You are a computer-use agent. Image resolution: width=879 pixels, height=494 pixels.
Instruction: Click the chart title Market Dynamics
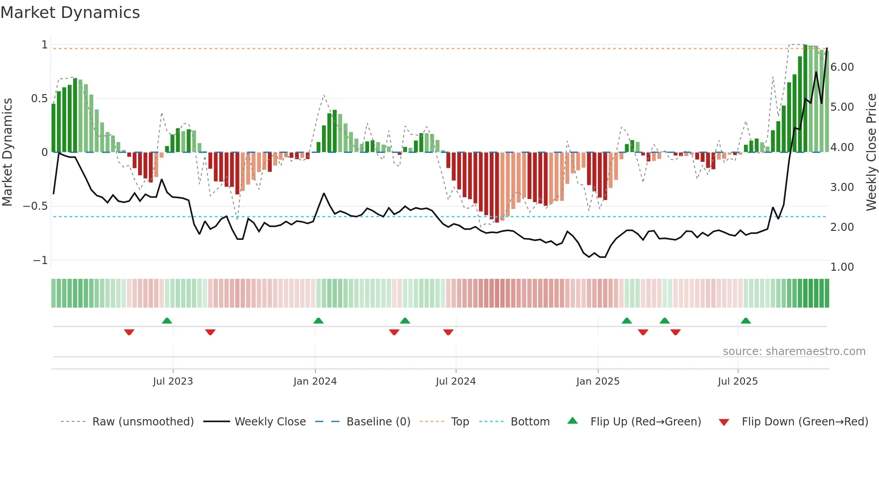pos(70,13)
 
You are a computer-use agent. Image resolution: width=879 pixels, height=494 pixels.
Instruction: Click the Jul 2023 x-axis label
pos(173,381)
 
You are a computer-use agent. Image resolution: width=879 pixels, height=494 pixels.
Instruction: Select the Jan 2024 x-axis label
pos(315,381)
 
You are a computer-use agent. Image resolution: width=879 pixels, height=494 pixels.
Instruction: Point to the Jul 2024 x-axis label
pos(456,381)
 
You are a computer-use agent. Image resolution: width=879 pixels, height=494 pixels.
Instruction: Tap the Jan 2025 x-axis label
pos(598,381)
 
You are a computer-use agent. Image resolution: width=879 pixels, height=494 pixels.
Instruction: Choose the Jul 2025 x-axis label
pos(738,381)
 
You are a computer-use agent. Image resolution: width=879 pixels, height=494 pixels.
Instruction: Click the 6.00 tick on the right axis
pos(842,67)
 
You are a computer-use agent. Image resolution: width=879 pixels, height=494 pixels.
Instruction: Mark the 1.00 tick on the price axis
pos(842,267)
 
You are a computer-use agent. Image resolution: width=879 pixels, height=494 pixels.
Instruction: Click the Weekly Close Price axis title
pos(871,152)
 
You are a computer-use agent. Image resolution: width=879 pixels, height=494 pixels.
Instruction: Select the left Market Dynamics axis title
pos(7,152)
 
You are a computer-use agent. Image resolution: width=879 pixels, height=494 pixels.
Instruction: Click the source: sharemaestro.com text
pos(794,351)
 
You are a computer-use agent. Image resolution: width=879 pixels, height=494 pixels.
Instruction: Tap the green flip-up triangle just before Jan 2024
pos(318,321)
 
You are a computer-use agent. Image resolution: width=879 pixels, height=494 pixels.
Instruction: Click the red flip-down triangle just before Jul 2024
pos(448,332)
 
